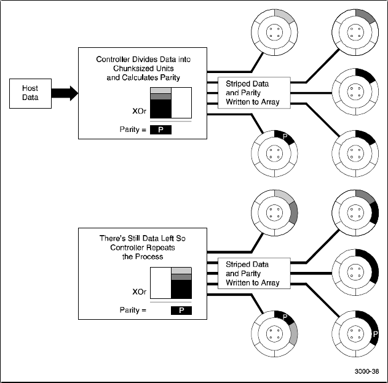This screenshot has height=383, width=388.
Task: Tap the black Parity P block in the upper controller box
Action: coord(160,130)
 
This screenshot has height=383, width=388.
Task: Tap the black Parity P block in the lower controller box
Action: coord(181,310)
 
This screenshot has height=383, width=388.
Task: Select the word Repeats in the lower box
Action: coord(158,249)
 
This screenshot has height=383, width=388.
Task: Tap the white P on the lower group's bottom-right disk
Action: coord(374,335)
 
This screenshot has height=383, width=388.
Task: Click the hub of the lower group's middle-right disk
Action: coord(354,274)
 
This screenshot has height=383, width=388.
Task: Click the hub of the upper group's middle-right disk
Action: coord(354,93)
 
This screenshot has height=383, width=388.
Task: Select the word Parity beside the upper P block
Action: coord(130,130)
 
